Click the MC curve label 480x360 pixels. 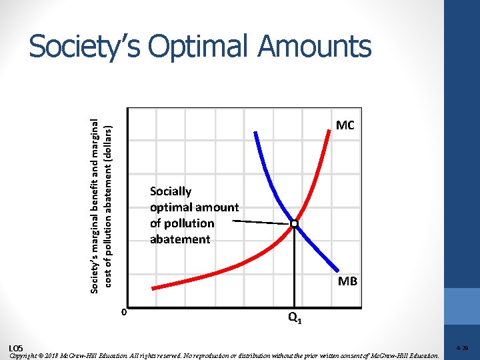(x=345, y=125)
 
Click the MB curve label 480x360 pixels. (x=347, y=281)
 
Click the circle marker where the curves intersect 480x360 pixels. (x=294, y=225)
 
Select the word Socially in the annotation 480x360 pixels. (x=171, y=191)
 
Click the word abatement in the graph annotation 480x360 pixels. (x=180, y=239)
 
